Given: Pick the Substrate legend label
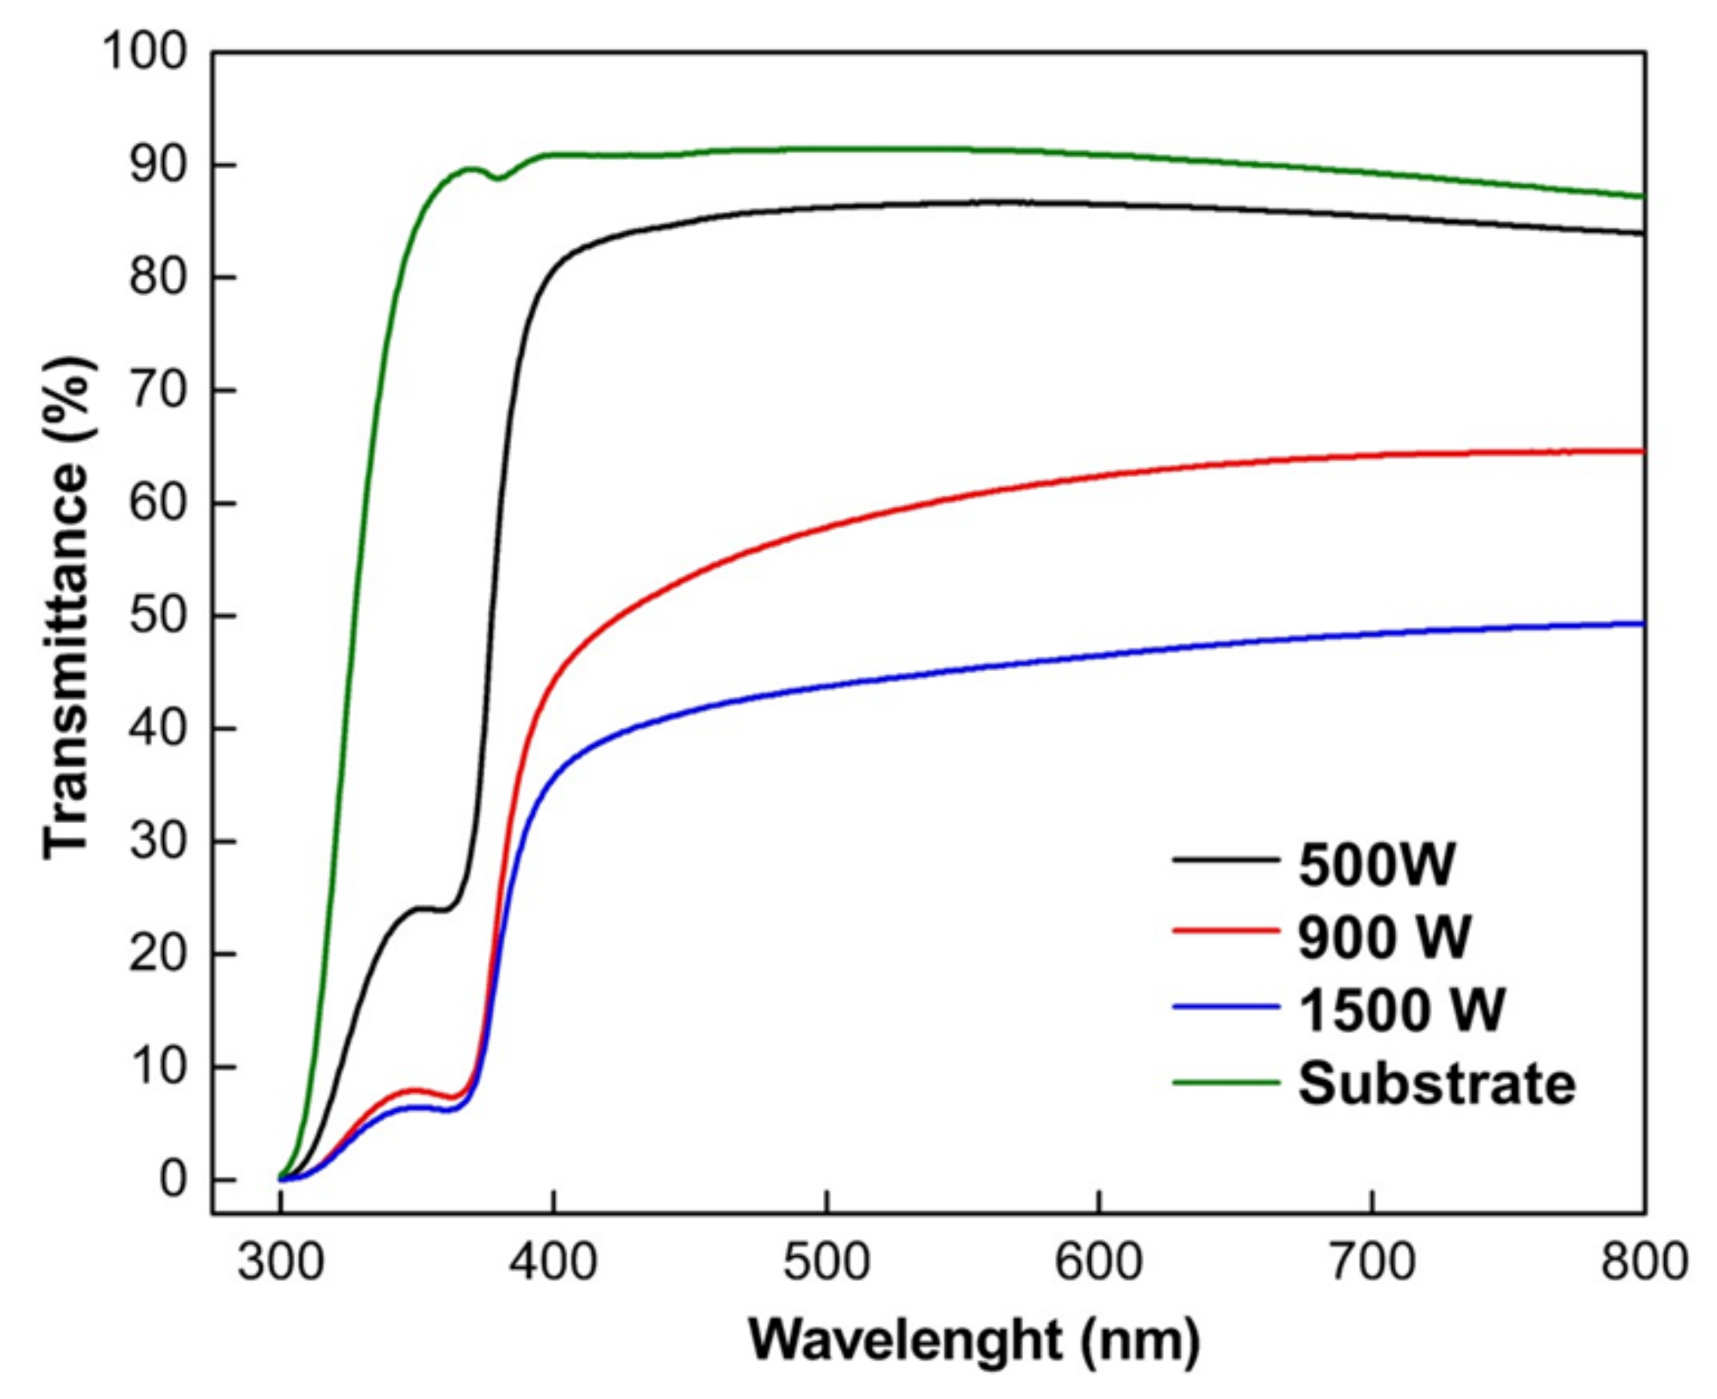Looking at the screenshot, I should click(x=1437, y=1083).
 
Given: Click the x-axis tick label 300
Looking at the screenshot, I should click(x=280, y=1262).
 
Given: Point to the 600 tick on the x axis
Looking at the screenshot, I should click(x=1100, y=1262).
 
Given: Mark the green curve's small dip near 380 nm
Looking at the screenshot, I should click(x=499, y=178).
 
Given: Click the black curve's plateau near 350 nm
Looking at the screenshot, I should click(x=428, y=909).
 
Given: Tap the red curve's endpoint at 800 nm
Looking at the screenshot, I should click(x=1642, y=451).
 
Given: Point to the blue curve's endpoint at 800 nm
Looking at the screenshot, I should click(x=1642, y=624).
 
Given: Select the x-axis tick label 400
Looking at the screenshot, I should click(x=553, y=1262).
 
